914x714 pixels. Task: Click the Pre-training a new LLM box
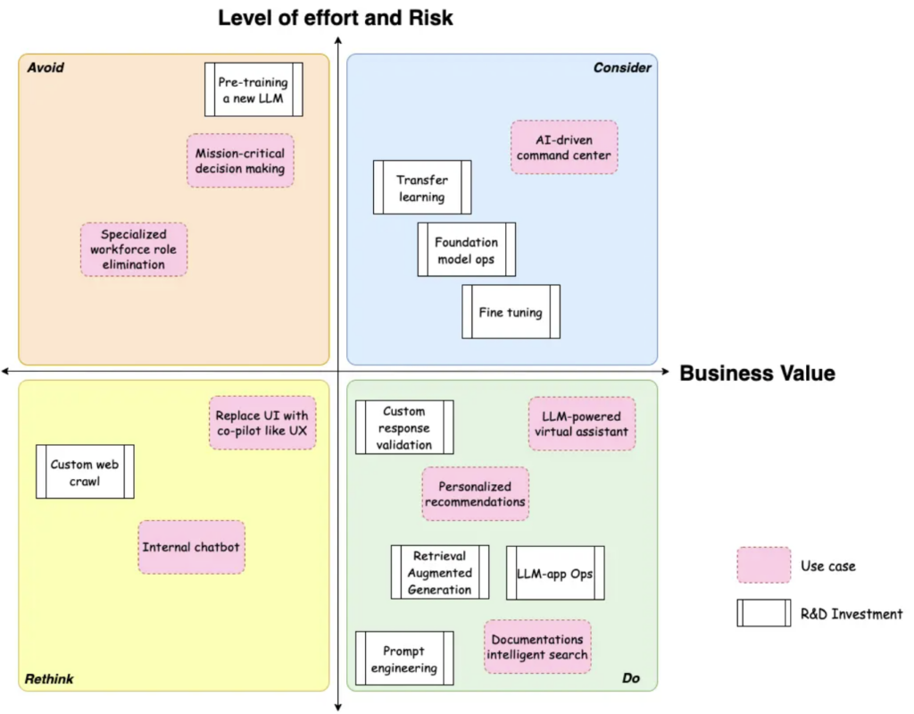coord(253,89)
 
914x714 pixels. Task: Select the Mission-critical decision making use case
coord(241,161)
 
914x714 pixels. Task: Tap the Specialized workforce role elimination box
coord(134,249)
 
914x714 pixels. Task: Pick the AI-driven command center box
coord(564,147)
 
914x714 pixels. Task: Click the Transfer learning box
coord(422,188)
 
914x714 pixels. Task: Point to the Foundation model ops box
coord(467,249)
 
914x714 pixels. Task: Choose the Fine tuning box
coord(511,312)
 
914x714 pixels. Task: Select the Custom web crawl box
coord(85,472)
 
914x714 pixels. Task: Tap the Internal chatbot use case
coord(192,547)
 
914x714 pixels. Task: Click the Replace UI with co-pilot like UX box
coord(262,423)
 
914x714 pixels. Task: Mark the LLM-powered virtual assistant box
coord(582,424)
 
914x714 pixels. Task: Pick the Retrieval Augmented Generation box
coord(440,572)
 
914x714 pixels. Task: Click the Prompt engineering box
coord(404,659)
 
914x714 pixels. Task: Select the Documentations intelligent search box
coord(538,647)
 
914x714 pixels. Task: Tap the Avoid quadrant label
coord(46,68)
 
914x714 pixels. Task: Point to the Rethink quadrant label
coord(50,679)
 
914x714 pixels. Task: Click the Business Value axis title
coord(757,374)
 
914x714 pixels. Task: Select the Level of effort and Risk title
coord(336,18)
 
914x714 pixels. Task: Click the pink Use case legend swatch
coord(763,566)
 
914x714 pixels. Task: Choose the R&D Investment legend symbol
coord(763,613)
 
